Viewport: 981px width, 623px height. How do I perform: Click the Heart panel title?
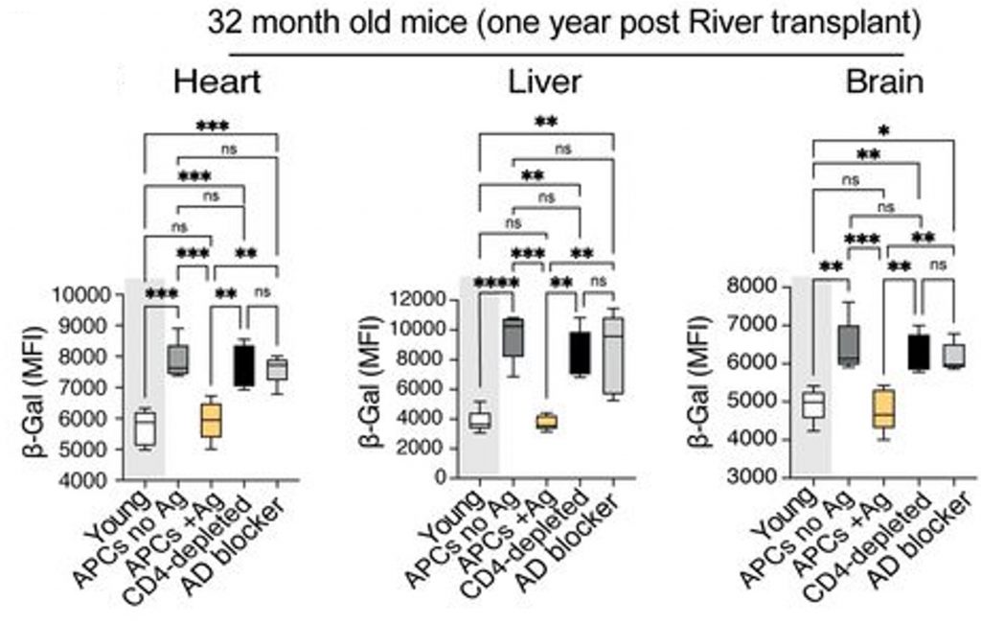coord(217,82)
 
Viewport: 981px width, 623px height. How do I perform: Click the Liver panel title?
coord(543,82)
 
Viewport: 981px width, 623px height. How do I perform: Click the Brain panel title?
coord(883,82)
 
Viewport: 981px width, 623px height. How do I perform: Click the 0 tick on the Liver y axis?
coord(444,477)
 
